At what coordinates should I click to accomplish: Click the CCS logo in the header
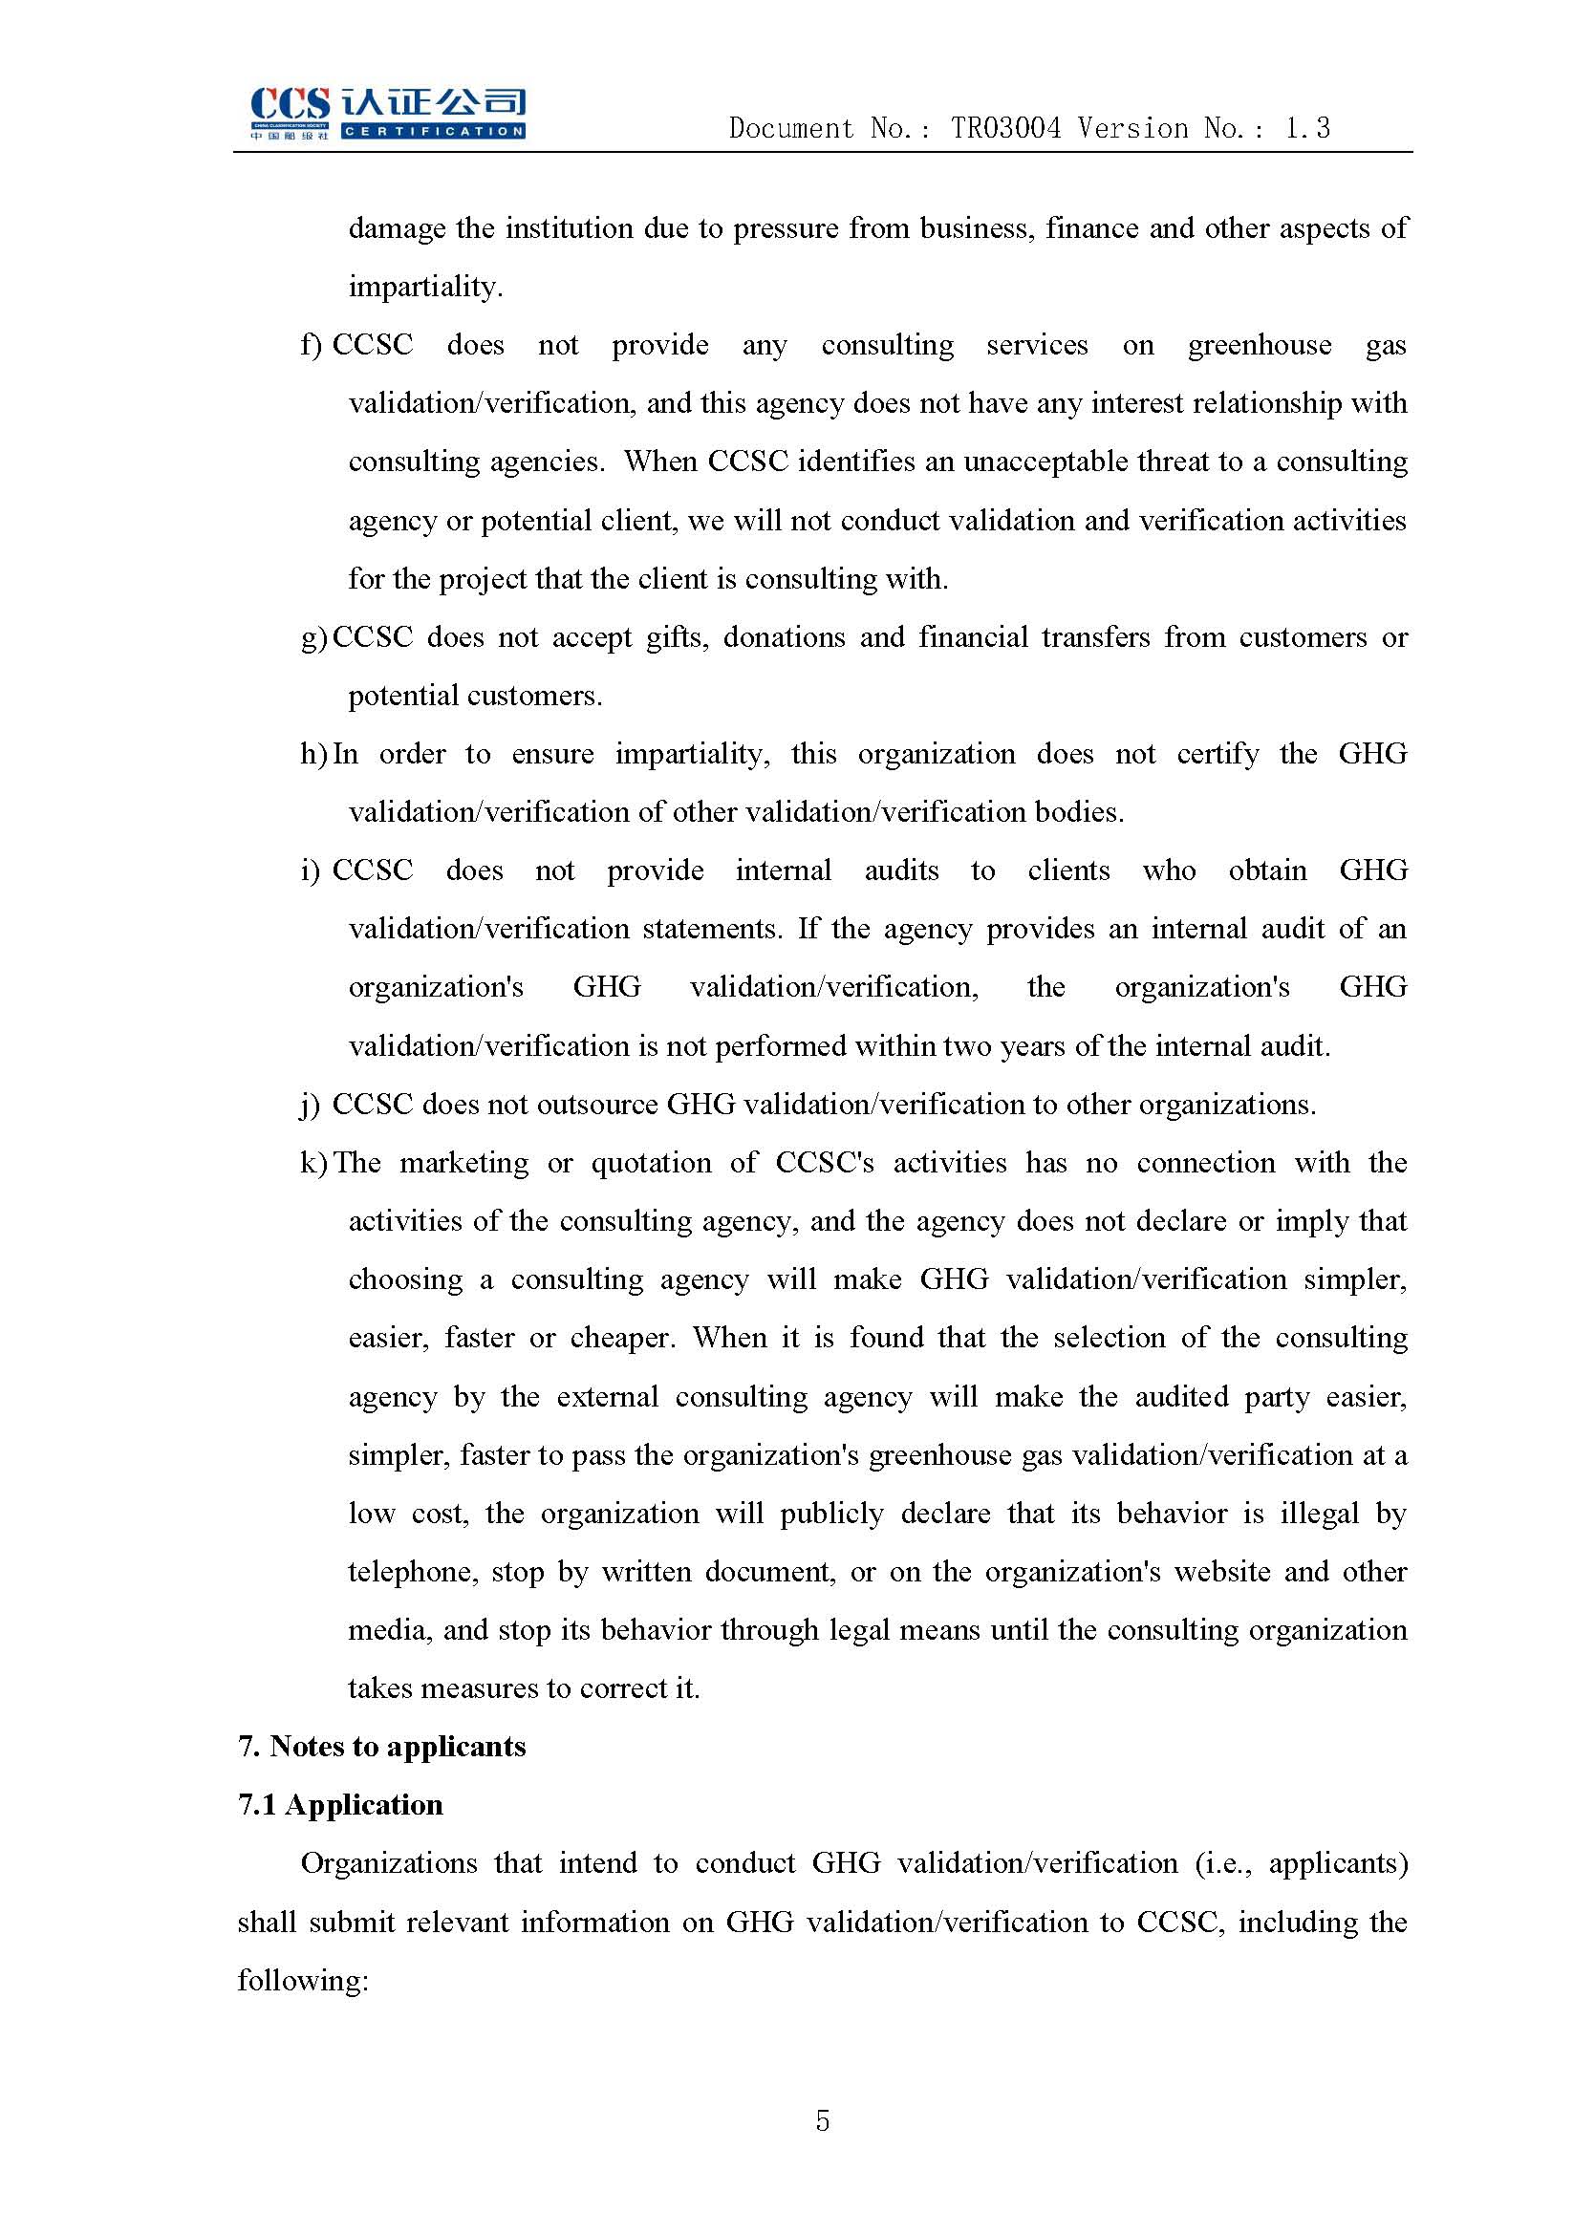point(386,113)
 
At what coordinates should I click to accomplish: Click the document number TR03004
point(1005,128)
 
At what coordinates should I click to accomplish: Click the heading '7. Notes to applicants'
point(381,1747)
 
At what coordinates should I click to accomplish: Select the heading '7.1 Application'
point(339,1805)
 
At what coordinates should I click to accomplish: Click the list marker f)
point(311,345)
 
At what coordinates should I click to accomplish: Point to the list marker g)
point(312,637)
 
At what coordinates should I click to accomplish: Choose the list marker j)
point(311,1105)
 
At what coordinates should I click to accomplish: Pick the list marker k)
point(312,1162)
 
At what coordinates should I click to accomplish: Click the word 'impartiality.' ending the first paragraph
point(425,287)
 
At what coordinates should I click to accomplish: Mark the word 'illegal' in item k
point(1319,1514)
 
